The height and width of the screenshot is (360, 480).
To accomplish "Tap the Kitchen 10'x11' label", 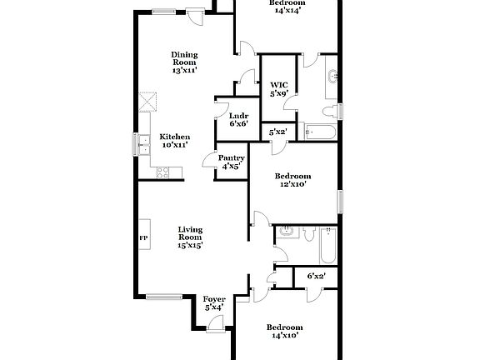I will [175, 141].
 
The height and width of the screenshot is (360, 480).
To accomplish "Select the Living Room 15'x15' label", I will [190, 237].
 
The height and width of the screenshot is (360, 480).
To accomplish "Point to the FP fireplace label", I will [142, 237].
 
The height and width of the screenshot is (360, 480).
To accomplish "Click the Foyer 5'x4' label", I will [214, 303].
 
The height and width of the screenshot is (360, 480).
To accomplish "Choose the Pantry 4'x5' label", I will [231, 162].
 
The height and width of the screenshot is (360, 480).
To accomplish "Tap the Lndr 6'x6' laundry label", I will [238, 120].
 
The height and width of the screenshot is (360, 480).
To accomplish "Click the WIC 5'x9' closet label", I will [278, 88].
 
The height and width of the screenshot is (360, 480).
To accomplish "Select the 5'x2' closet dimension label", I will [277, 132].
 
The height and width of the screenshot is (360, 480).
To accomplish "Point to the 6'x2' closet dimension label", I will [316, 276].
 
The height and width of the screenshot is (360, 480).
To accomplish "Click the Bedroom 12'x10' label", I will [292, 180].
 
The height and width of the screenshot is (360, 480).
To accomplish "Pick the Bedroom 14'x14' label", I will [286, 7].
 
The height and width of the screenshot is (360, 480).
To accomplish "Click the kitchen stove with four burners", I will [163, 172].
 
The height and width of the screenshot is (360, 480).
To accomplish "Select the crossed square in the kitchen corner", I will [148, 102].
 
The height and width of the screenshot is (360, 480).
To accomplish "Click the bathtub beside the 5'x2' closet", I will [320, 132].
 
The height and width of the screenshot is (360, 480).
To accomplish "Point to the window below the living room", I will [163, 295].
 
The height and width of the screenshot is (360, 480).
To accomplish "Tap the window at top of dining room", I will [163, 11].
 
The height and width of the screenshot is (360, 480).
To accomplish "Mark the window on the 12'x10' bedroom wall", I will [340, 201].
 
